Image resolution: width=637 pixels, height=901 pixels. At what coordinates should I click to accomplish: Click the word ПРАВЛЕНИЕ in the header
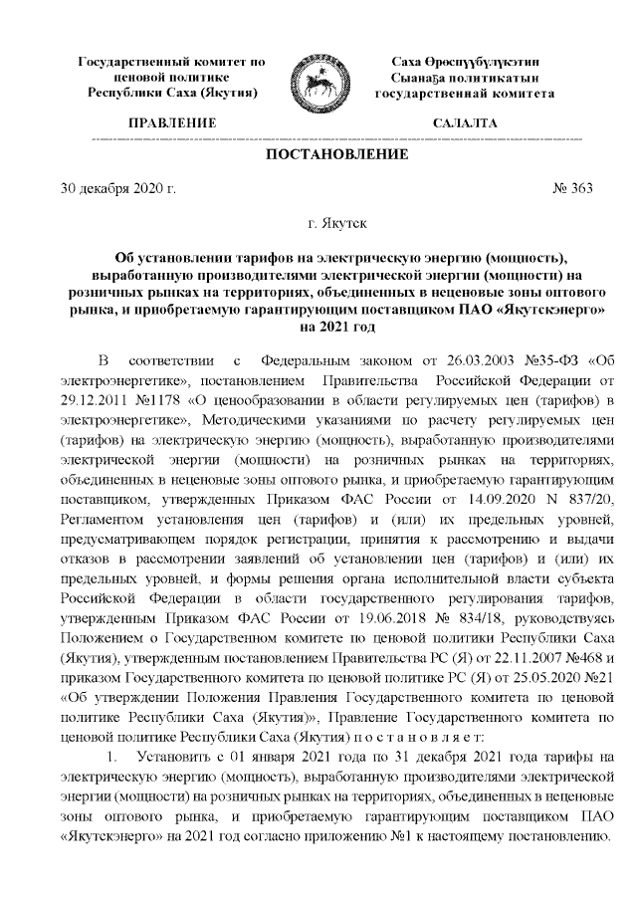(170, 123)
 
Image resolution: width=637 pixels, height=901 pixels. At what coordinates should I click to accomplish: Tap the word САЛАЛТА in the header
(464, 123)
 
